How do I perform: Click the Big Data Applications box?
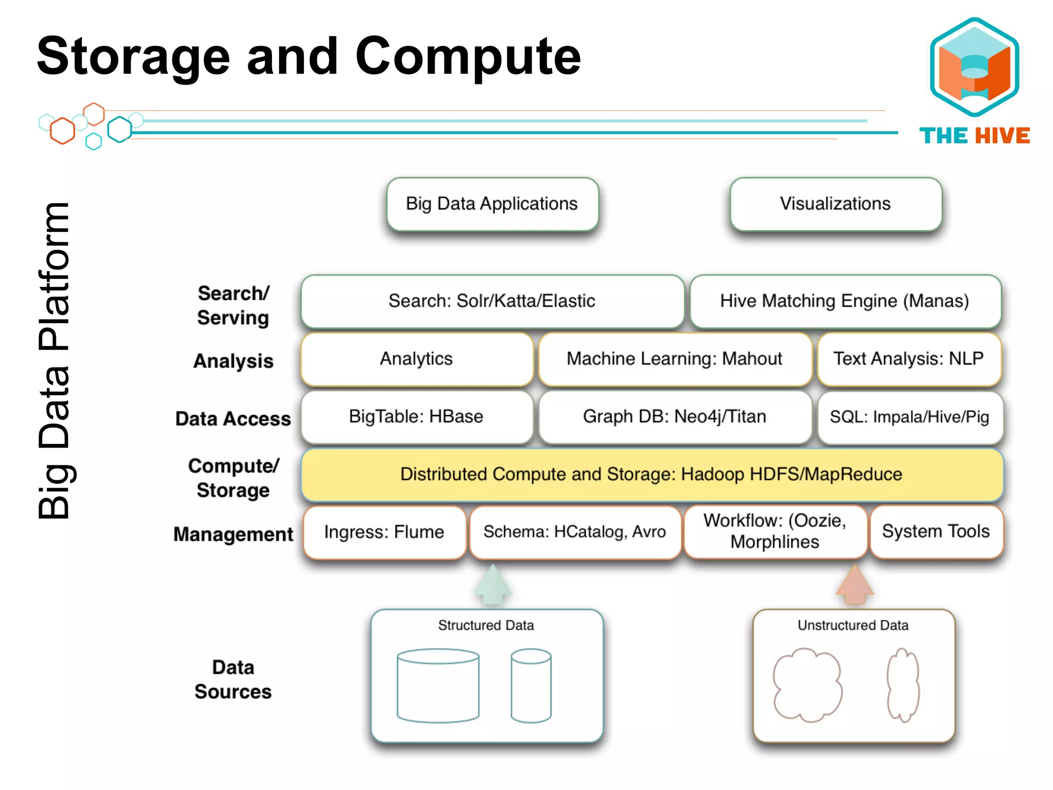pos(492,204)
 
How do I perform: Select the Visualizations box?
pos(835,204)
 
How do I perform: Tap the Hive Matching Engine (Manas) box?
pos(845,301)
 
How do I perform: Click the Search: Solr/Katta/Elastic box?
pos(492,301)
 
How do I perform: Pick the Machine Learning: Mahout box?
pos(674,359)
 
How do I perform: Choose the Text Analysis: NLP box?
pos(909,359)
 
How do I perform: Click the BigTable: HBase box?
pos(416,417)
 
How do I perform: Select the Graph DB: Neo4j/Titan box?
pos(674,417)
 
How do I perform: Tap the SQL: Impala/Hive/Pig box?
pos(909,417)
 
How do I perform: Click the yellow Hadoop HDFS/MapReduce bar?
pos(651,474)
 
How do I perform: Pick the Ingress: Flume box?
pos(384,532)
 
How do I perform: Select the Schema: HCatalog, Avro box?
pos(574,532)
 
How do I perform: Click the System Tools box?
pos(935,532)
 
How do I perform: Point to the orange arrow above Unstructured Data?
pos(854,586)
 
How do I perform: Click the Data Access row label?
pos(233,419)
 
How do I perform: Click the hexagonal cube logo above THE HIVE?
pos(974,67)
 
